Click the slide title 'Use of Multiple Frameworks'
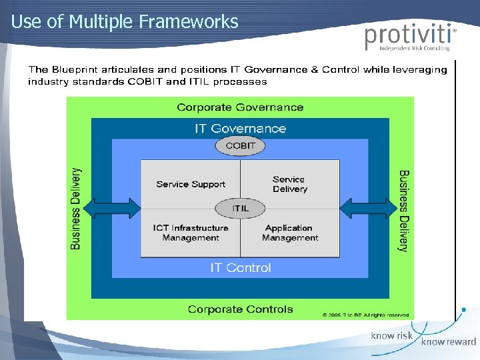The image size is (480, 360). click(x=125, y=21)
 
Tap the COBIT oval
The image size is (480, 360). click(x=240, y=146)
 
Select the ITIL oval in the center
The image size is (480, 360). click(x=240, y=208)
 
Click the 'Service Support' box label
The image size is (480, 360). click(x=191, y=184)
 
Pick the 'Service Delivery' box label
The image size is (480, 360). click(x=289, y=184)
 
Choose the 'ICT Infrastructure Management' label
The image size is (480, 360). click(x=191, y=233)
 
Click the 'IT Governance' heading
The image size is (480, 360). click(x=240, y=129)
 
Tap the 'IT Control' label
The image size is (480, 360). click(x=241, y=268)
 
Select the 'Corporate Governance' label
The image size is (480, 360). click(x=240, y=107)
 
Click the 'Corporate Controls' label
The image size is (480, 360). click(x=240, y=309)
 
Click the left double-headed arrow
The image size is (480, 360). click(x=117, y=208)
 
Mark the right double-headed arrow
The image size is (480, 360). click(x=364, y=208)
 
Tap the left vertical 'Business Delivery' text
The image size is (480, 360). click(x=76, y=209)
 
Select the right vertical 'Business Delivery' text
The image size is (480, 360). click(x=404, y=211)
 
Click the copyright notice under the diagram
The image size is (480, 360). click(x=367, y=314)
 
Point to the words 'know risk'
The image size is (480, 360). click(x=392, y=336)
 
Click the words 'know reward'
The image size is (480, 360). click(x=448, y=342)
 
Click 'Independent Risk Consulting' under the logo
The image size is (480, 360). click(x=414, y=49)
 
